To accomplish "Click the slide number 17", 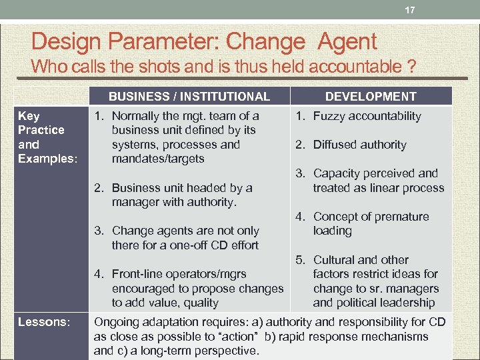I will click(x=411, y=10).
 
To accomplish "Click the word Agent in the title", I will click(x=347, y=43).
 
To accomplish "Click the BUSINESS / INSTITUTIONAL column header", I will click(x=189, y=97).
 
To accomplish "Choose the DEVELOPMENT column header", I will click(x=371, y=97).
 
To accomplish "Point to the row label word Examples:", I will click(x=39, y=159).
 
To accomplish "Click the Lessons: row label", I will click(x=44, y=322).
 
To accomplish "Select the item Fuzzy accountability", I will click(x=367, y=116).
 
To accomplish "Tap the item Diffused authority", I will click(x=359, y=145).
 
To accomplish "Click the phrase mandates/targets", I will click(x=158, y=159).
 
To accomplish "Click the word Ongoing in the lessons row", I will click(x=117, y=322).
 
